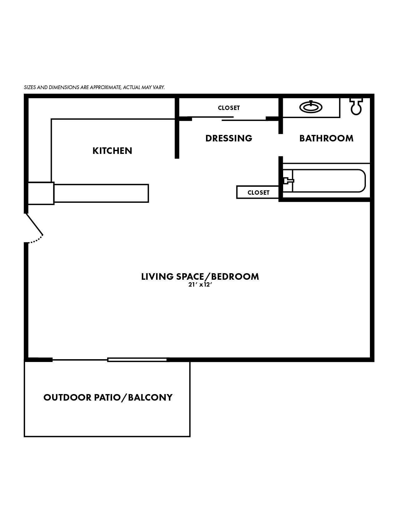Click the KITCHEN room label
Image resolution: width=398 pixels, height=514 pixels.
[112, 151]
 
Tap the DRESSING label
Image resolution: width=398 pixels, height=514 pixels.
[229, 138]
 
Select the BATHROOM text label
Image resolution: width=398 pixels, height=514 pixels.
[326, 138]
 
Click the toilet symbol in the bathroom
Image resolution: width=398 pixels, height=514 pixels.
[356, 107]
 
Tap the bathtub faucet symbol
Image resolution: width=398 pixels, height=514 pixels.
[289, 181]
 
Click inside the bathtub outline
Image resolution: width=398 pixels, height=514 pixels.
[329, 181]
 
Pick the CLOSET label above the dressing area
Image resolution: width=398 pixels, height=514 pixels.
[229, 108]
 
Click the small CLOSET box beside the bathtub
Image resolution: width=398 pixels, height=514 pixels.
[258, 192]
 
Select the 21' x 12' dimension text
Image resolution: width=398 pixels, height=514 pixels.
[199, 285]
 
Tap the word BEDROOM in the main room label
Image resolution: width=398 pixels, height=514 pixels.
[235, 277]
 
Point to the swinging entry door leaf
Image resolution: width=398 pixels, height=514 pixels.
[34, 224]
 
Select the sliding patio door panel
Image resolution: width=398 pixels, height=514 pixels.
[137, 360]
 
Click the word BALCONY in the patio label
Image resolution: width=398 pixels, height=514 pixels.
[150, 397]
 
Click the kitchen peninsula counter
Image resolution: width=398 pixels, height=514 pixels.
[101, 193]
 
